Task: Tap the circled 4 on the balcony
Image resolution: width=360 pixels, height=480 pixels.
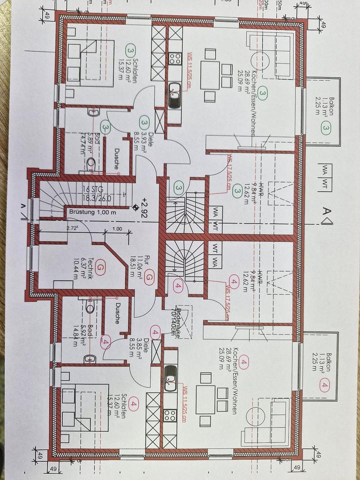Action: (325, 385)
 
